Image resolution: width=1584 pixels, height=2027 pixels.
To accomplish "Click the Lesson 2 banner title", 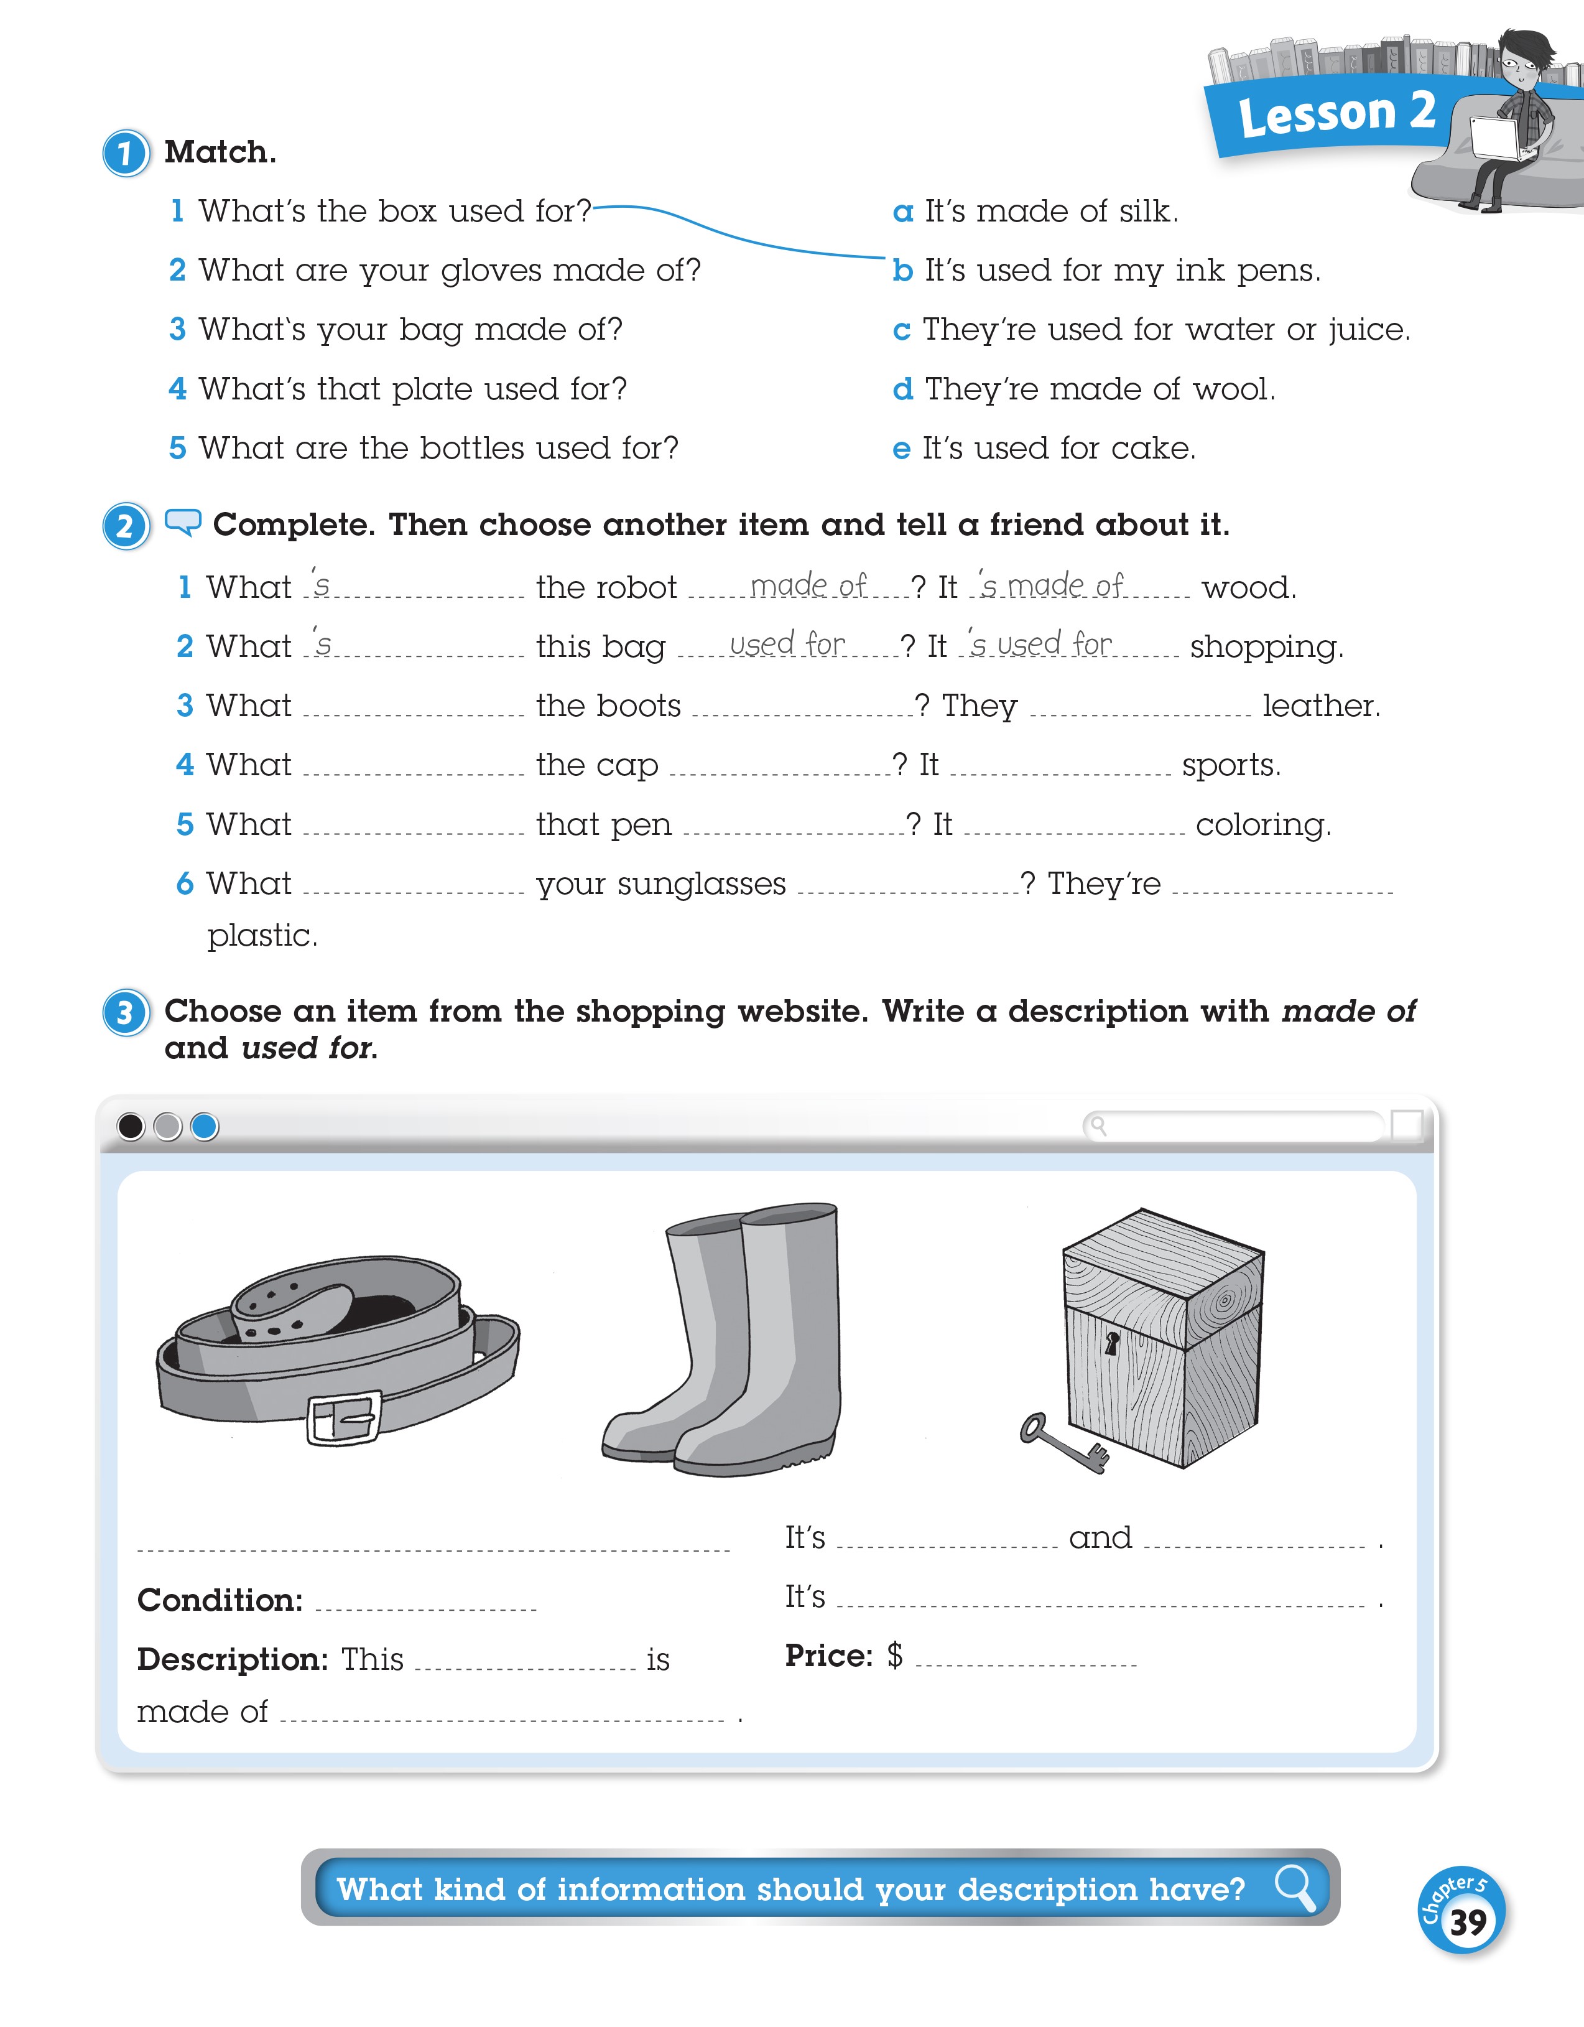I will click(x=1336, y=114).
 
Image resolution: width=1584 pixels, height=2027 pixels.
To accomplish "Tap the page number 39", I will click(x=1467, y=1921).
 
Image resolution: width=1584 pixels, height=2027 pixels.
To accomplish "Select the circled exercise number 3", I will click(x=125, y=1013).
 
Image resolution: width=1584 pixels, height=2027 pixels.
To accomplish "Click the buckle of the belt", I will click(x=343, y=1418).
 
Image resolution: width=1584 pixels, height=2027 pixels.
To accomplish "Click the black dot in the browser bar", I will click(x=131, y=1127).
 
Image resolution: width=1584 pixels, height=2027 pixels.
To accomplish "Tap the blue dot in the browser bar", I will click(x=204, y=1127).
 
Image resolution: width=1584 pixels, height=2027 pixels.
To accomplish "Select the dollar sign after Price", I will click(x=894, y=1655).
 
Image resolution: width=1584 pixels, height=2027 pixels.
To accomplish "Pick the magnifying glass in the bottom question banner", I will click(x=1294, y=1888).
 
